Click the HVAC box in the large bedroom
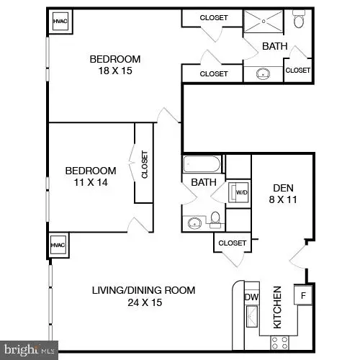click(60, 22)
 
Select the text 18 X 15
click(114, 71)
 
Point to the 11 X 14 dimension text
click(90, 182)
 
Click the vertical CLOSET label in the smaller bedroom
click(144, 164)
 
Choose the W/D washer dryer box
click(238, 193)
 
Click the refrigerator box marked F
click(303, 295)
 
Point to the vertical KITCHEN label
click(276, 306)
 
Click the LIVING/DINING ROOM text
click(143, 290)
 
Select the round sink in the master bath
click(264, 73)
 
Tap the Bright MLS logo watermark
click(30, 351)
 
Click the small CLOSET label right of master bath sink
click(297, 71)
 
